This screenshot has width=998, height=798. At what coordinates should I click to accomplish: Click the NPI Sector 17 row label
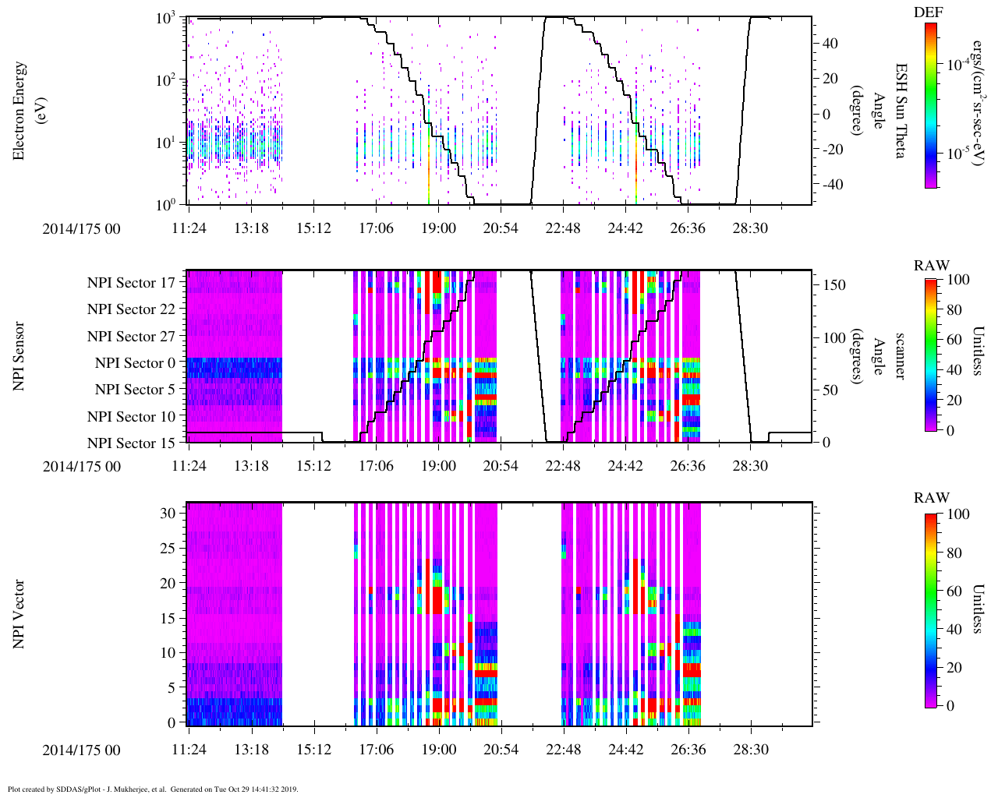click(x=131, y=283)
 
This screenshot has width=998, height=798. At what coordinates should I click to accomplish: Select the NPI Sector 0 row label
click(x=135, y=363)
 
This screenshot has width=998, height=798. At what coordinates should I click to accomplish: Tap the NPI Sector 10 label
click(x=131, y=417)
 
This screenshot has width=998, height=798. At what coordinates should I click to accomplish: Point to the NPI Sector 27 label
click(x=131, y=337)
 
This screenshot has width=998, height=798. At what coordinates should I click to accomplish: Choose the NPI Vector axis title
click(x=19, y=614)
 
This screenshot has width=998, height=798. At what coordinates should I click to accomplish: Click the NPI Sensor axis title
click(x=19, y=356)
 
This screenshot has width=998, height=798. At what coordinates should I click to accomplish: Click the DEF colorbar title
click(x=928, y=12)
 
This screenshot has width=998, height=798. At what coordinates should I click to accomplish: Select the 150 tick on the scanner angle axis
click(x=834, y=285)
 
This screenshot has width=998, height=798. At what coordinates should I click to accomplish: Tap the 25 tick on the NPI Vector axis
click(x=168, y=549)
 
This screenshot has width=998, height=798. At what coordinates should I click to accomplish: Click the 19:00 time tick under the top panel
click(x=438, y=228)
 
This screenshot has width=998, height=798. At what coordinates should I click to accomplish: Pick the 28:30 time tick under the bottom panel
click(x=750, y=750)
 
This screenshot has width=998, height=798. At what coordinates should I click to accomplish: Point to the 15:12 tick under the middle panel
click(x=313, y=466)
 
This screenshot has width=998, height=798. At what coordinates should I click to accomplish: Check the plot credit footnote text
click(x=153, y=789)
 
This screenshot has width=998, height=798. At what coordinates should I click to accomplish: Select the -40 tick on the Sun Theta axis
click(x=830, y=185)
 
